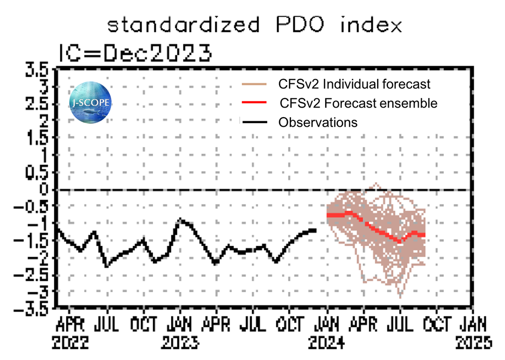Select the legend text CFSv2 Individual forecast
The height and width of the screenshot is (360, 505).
click(x=354, y=83)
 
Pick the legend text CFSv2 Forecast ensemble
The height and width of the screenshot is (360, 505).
click(x=359, y=104)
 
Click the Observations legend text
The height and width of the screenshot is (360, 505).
click(x=318, y=122)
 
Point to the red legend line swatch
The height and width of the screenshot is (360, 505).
click(x=252, y=102)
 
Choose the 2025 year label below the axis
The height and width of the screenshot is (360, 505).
click(x=474, y=343)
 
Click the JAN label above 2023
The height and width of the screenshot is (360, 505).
click(x=180, y=324)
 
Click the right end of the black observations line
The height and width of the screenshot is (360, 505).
click(x=316, y=230)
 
